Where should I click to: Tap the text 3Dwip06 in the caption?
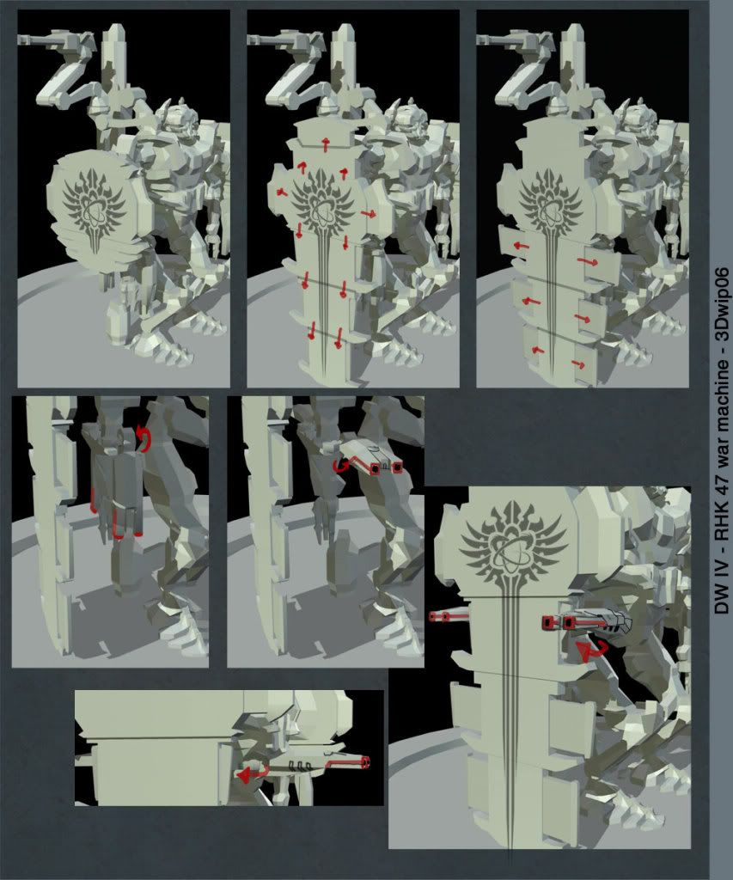(723, 304)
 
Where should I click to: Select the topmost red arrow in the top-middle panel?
(325, 144)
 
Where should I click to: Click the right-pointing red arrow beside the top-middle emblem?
(369, 214)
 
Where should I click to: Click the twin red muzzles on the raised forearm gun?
(386, 468)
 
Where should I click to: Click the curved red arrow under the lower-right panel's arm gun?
(589, 651)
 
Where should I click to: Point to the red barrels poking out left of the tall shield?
(448, 617)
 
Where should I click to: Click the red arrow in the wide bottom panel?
(251, 774)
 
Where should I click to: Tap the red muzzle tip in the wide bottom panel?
(366, 762)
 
